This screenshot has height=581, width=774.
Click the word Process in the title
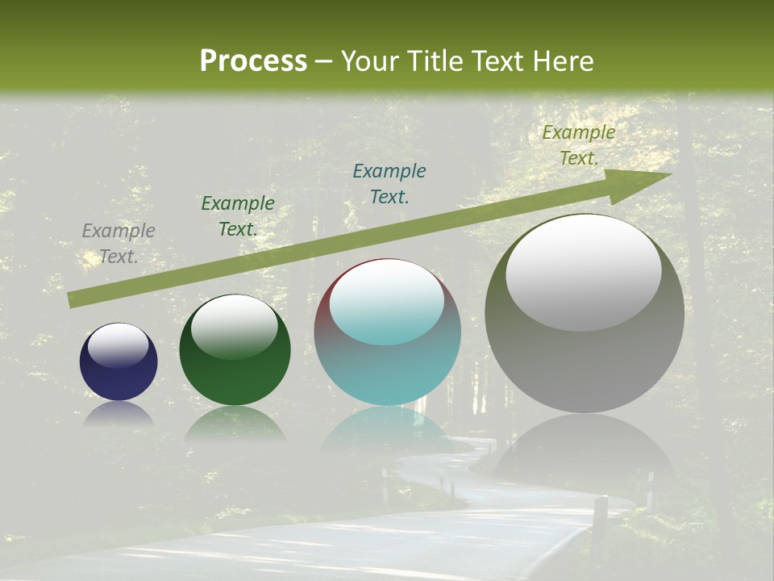click(x=253, y=61)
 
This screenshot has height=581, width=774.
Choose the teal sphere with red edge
click(x=387, y=363)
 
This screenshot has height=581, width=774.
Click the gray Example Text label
click(x=119, y=244)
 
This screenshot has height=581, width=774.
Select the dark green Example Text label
click(x=238, y=216)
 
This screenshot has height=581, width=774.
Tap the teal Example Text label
click(x=389, y=183)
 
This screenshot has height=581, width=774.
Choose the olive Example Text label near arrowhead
click(x=579, y=145)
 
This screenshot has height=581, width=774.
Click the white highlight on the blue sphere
click(x=119, y=345)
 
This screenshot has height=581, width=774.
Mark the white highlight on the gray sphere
click(x=584, y=272)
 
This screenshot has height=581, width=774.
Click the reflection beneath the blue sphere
click(x=119, y=414)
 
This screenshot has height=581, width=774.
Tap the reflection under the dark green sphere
click(x=235, y=423)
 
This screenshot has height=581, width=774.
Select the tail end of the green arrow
click(x=74, y=299)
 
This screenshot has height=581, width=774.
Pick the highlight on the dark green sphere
click(x=235, y=325)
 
